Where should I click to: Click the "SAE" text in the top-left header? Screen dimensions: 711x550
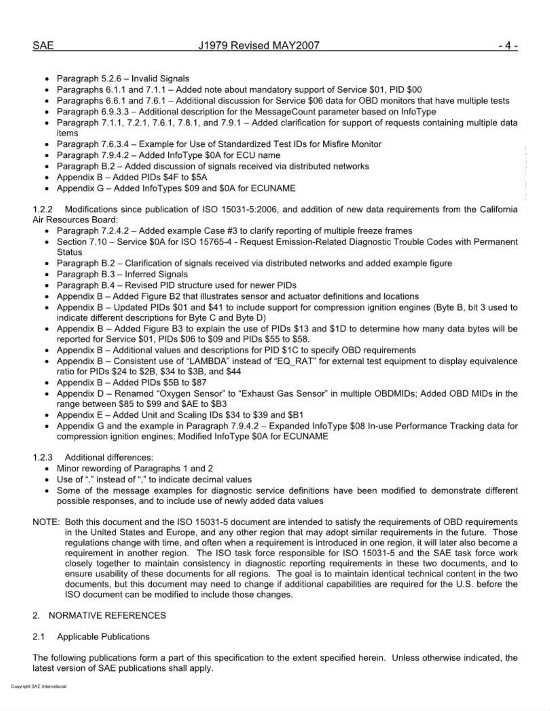[43, 45]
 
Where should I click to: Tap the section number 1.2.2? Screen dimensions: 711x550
[42, 209]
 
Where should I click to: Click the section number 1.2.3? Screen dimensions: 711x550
[42, 457]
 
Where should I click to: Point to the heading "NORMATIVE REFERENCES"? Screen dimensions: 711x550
[107, 615]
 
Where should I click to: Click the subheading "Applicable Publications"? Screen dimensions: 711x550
[103, 636]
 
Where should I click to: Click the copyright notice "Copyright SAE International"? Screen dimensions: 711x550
[39, 687]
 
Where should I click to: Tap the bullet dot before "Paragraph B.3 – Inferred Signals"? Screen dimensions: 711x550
[47, 274]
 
